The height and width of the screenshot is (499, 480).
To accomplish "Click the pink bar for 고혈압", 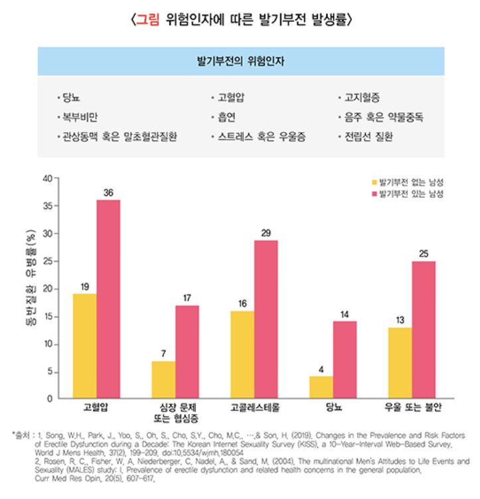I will [x=108, y=299].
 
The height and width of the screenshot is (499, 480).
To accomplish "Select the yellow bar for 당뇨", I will [x=321, y=387].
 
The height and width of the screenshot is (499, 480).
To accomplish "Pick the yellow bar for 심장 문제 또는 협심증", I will [x=163, y=380].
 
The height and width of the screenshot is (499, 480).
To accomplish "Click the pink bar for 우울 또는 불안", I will [x=424, y=330].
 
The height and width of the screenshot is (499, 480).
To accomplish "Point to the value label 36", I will [x=108, y=193].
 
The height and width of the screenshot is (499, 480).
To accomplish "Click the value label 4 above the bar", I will [x=321, y=369].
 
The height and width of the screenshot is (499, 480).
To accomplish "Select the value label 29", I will [x=266, y=233].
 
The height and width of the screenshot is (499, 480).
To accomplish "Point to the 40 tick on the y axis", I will [x=46, y=178].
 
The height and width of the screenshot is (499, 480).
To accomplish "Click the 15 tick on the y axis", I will [x=46, y=317].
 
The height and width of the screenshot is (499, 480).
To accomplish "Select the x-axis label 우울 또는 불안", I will [x=412, y=406].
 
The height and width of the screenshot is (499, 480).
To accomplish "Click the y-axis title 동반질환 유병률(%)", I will [x=29, y=289].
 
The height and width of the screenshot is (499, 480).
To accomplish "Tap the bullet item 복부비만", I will [x=80, y=117].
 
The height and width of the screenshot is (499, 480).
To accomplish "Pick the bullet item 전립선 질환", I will [x=368, y=137].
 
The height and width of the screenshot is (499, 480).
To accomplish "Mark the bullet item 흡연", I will [x=228, y=117].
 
